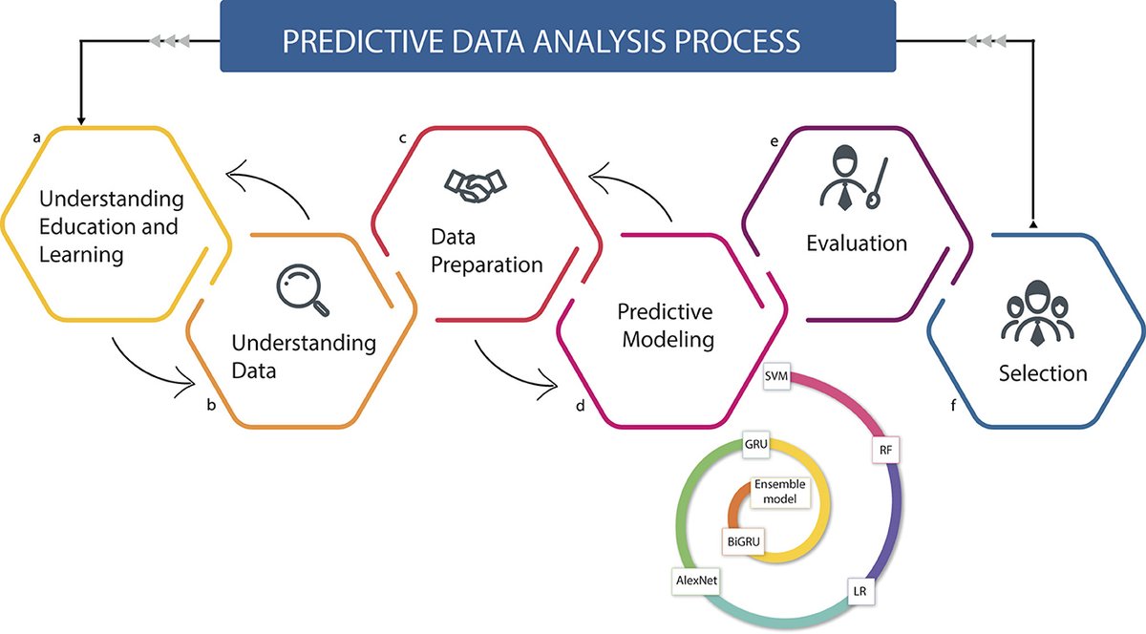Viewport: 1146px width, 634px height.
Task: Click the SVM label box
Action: pos(776,378)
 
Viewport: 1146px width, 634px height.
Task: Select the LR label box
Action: pos(859,592)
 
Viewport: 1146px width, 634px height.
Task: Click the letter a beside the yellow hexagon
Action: pos(36,137)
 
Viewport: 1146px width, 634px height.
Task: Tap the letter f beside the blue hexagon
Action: pos(953,405)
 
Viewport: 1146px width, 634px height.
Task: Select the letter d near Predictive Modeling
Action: pos(580,405)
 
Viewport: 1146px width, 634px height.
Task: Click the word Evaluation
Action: pos(856,243)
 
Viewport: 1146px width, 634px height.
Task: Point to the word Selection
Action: pos(1042,372)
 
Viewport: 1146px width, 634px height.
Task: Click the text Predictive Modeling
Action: pos(665,326)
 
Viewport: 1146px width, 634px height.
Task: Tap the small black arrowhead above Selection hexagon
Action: pos(1032,224)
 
